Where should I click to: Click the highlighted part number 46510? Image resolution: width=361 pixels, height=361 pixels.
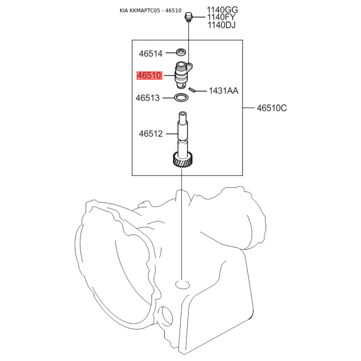click(x=149, y=76)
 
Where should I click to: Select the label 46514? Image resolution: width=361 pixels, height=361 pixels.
click(x=150, y=54)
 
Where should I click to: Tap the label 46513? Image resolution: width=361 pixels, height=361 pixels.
click(x=148, y=97)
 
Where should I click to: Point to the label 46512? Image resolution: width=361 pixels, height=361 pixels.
click(x=150, y=134)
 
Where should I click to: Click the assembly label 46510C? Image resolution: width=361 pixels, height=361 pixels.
click(x=272, y=108)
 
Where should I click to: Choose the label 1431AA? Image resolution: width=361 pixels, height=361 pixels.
click(x=223, y=91)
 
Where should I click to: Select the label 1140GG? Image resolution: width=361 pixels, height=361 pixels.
click(x=222, y=9)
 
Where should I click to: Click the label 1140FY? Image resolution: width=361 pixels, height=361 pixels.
click(x=222, y=17)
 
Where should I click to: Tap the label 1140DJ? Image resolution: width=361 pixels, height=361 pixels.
click(x=222, y=25)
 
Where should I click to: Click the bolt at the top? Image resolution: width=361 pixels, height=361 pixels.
click(x=188, y=18)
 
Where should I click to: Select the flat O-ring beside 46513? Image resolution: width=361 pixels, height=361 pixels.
click(x=181, y=97)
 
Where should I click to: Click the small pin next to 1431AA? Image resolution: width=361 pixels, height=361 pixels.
click(x=191, y=90)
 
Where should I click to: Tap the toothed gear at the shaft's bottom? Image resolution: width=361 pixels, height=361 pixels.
click(x=182, y=161)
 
